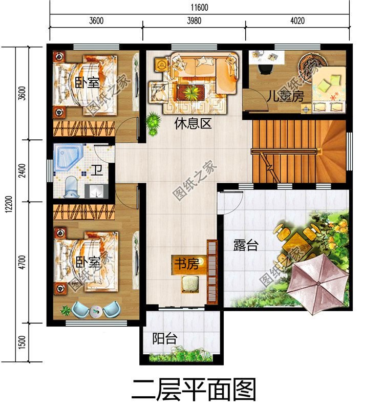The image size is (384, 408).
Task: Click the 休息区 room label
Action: [193, 124]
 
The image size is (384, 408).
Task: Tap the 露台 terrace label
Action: [246, 245]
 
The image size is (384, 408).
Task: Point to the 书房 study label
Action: [186, 264]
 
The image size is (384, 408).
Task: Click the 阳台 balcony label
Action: [165, 338]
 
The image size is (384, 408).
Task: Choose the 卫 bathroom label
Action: [96, 170]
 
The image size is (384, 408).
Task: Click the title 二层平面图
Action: [193, 390]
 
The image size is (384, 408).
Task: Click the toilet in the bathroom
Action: [72, 187]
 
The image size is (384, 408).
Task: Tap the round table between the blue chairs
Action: [95, 311]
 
